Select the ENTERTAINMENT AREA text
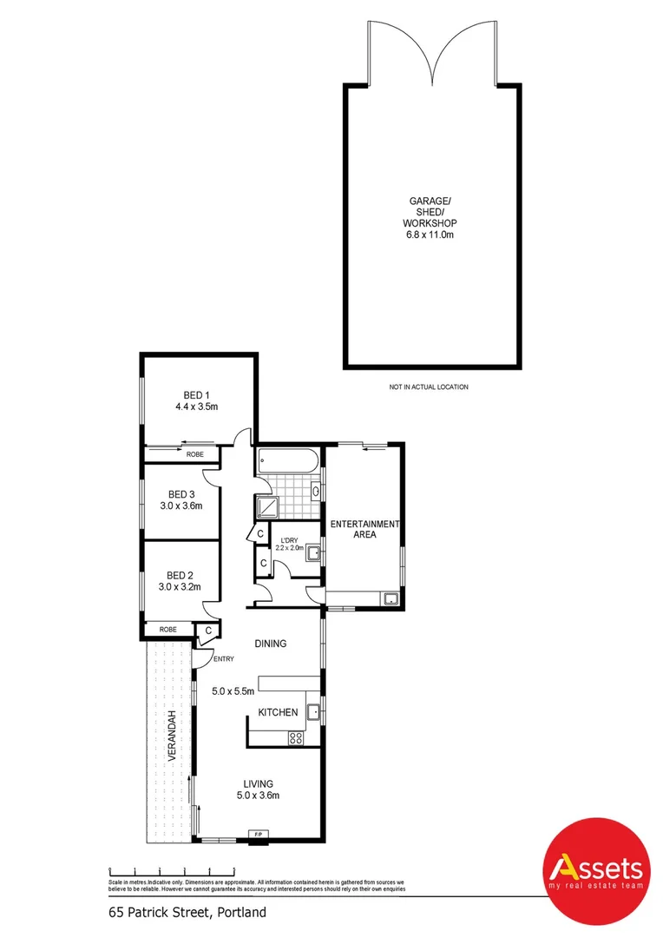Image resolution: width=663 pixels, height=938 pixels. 364,529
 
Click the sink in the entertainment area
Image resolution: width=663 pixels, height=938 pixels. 391,598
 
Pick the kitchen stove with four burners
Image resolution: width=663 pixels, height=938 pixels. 296,738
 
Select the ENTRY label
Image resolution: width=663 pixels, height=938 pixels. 223,659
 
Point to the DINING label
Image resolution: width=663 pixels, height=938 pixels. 270,644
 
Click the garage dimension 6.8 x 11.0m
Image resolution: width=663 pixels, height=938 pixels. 432,234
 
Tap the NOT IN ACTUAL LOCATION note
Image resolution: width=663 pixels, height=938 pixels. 429,386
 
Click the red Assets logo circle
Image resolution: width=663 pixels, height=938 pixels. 595,871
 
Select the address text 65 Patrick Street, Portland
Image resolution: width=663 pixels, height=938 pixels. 187,912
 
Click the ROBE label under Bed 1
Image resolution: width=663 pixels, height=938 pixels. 194,454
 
